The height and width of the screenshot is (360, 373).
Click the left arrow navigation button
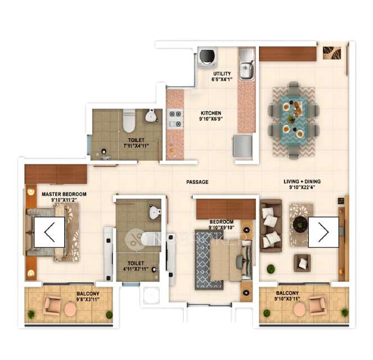pos(50,232)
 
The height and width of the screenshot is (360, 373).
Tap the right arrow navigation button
pos(323,232)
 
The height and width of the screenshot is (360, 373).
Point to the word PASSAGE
pos(197,182)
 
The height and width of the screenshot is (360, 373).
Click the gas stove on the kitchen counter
pos(175,117)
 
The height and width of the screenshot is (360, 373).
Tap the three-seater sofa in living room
pos(271,225)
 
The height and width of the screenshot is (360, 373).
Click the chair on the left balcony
pos(53,305)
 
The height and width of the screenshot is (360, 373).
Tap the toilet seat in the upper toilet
pos(129,120)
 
